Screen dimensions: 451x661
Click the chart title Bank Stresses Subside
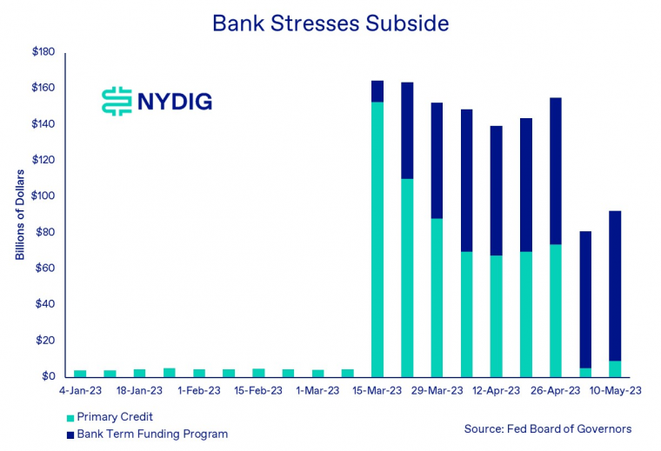pyautogui.click(x=330, y=23)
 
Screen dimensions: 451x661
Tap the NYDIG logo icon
pyautogui.click(x=115, y=102)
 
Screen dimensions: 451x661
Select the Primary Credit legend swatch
pyautogui.click(x=69, y=418)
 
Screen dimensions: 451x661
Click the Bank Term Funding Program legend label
pyautogui.click(x=152, y=434)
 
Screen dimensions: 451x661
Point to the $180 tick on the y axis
pyautogui.click(x=43, y=52)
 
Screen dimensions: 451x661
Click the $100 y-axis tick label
pyautogui.click(x=43, y=196)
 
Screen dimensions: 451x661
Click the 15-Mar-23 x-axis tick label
pyautogui.click(x=377, y=391)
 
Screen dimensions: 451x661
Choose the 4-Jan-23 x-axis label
pyautogui.click(x=80, y=391)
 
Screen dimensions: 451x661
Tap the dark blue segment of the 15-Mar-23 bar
pyautogui.click(x=377, y=91)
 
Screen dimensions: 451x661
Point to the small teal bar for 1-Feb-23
pyautogui.click(x=199, y=373)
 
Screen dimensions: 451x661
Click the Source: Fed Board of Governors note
pyautogui.click(x=548, y=428)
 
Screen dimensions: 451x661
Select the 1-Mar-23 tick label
pyautogui.click(x=317, y=391)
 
